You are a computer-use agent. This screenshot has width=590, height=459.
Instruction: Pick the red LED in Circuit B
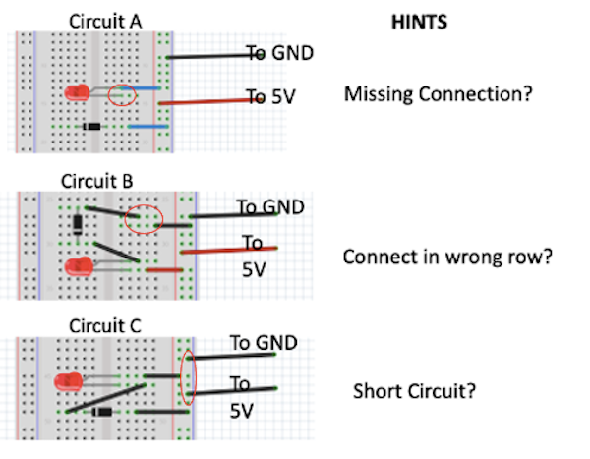pyautogui.click(x=76, y=266)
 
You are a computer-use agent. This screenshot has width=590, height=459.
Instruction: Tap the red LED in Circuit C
pyautogui.click(x=70, y=381)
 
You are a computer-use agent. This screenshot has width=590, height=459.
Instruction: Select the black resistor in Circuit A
pyautogui.click(x=92, y=127)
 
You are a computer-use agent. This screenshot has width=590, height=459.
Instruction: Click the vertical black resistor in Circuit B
pyautogui.click(x=78, y=224)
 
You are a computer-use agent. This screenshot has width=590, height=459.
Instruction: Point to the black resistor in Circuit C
pyautogui.click(x=101, y=412)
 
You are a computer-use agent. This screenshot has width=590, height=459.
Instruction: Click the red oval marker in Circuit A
pyautogui.click(x=122, y=95)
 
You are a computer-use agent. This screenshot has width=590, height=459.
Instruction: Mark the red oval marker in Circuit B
pyautogui.click(x=145, y=218)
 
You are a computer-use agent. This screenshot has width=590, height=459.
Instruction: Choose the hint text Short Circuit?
pyautogui.click(x=414, y=391)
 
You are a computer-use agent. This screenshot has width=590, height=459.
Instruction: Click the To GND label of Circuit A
pyautogui.click(x=280, y=53)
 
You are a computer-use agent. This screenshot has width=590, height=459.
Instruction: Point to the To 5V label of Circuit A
pyautogui.click(x=269, y=96)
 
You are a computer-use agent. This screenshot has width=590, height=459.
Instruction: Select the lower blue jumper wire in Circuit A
pyautogui.click(x=146, y=127)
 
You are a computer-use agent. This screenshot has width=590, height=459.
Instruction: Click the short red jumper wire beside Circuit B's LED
pyautogui.click(x=163, y=268)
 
